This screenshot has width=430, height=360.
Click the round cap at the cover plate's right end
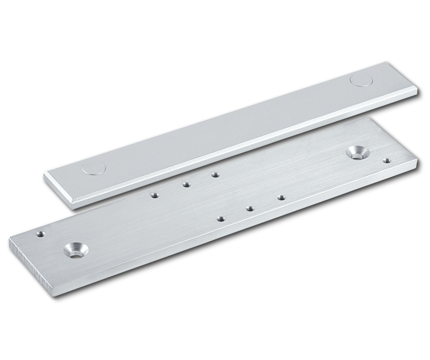tap(362, 80)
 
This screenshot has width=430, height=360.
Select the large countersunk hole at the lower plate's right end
tap(357, 153)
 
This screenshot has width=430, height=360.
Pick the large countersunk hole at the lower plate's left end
tap(76, 249)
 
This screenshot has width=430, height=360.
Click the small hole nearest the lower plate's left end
tap(40, 234)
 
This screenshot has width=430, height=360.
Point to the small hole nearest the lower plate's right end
tap(387, 160)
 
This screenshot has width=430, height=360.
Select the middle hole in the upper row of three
tap(186, 185)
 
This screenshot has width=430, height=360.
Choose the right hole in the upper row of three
tap(215, 175)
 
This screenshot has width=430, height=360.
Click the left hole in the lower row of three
tap(221, 219)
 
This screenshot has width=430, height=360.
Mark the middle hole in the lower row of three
tap(250, 209)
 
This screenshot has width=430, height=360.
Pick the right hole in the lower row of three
tap(281, 198)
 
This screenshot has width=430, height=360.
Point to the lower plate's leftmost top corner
tap(9, 239)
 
